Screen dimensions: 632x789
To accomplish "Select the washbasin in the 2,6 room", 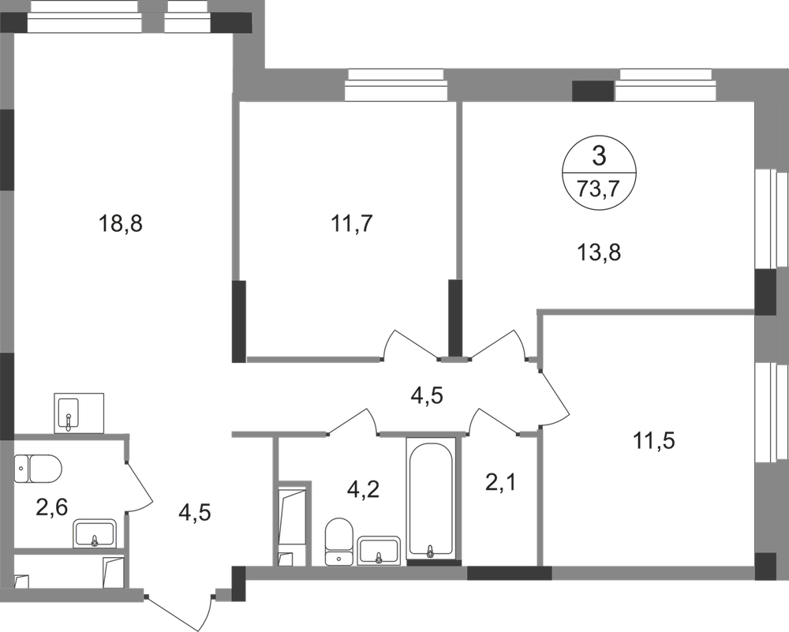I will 95,533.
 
